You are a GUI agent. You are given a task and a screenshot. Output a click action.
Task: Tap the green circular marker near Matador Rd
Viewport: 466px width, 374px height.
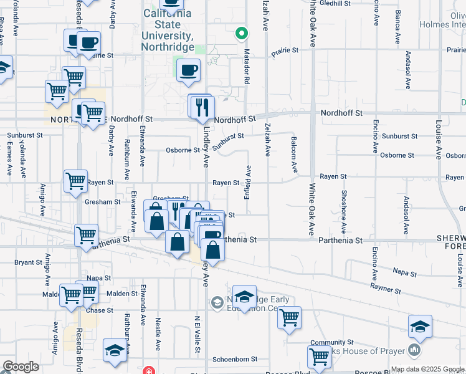tap(240, 34)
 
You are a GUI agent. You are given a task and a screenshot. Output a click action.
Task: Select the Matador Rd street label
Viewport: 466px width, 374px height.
tap(247, 67)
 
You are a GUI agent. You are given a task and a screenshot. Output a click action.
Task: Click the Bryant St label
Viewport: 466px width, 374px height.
tap(28, 262)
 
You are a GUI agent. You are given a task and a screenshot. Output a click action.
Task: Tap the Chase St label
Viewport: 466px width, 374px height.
tap(100, 310)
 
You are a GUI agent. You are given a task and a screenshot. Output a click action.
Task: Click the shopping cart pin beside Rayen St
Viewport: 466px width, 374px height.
tap(75, 181)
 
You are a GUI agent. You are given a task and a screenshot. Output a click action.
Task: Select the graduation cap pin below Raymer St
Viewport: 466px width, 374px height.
tap(420, 327)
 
